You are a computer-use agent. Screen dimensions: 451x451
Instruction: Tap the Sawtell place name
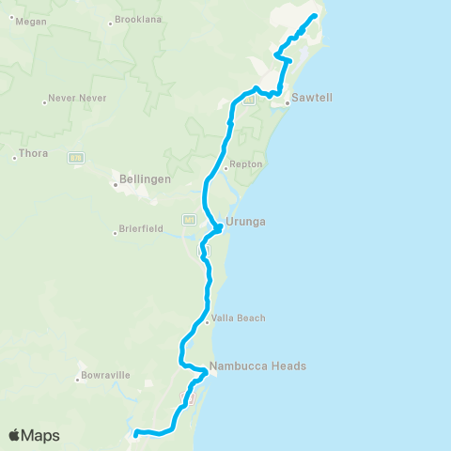[x=313, y=97]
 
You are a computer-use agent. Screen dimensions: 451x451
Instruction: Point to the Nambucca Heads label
[x=258, y=366]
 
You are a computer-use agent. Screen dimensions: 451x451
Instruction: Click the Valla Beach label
[x=239, y=318]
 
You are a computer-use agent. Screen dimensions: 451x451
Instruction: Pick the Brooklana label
[x=139, y=20]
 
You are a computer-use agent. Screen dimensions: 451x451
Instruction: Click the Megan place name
[x=32, y=21]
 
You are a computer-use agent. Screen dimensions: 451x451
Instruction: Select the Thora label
[x=33, y=152]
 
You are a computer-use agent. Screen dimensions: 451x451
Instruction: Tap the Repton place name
[x=246, y=163]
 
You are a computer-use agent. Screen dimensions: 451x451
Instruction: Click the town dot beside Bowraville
[x=79, y=380]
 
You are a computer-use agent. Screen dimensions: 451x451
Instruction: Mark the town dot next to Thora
[x=14, y=158]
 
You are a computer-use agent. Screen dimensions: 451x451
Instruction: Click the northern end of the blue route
[x=315, y=15]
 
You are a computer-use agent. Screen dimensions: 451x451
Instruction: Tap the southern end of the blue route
[x=135, y=433]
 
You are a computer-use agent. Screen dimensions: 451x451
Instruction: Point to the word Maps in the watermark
[x=41, y=435]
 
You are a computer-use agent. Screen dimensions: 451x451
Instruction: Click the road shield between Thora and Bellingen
[x=77, y=157]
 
